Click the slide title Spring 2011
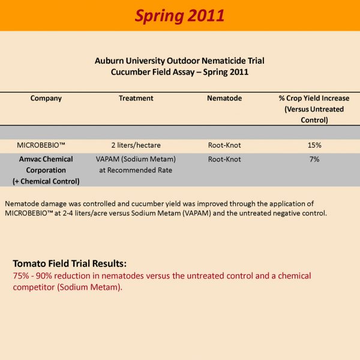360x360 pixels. pyautogui.click(x=179, y=16)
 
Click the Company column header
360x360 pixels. pyautogui.click(x=46, y=98)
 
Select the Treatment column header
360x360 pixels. pyautogui.click(x=136, y=98)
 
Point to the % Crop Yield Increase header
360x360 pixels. pyautogui.click(x=314, y=109)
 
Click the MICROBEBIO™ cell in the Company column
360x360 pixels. pyautogui.click(x=46, y=146)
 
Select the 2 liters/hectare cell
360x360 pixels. pyautogui.click(x=136, y=146)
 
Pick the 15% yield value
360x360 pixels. pyautogui.click(x=314, y=146)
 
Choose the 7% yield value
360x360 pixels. pyautogui.click(x=314, y=160)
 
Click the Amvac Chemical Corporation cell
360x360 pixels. pyautogui.click(x=46, y=164)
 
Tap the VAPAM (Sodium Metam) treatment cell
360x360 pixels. pyautogui.click(x=136, y=164)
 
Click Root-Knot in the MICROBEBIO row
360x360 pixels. pyautogui.click(x=224, y=146)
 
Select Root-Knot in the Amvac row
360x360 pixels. pyautogui.click(x=224, y=160)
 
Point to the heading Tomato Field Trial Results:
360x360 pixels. pyautogui.click(x=70, y=263)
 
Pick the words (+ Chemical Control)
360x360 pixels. pyautogui.click(x=46, y=181)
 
